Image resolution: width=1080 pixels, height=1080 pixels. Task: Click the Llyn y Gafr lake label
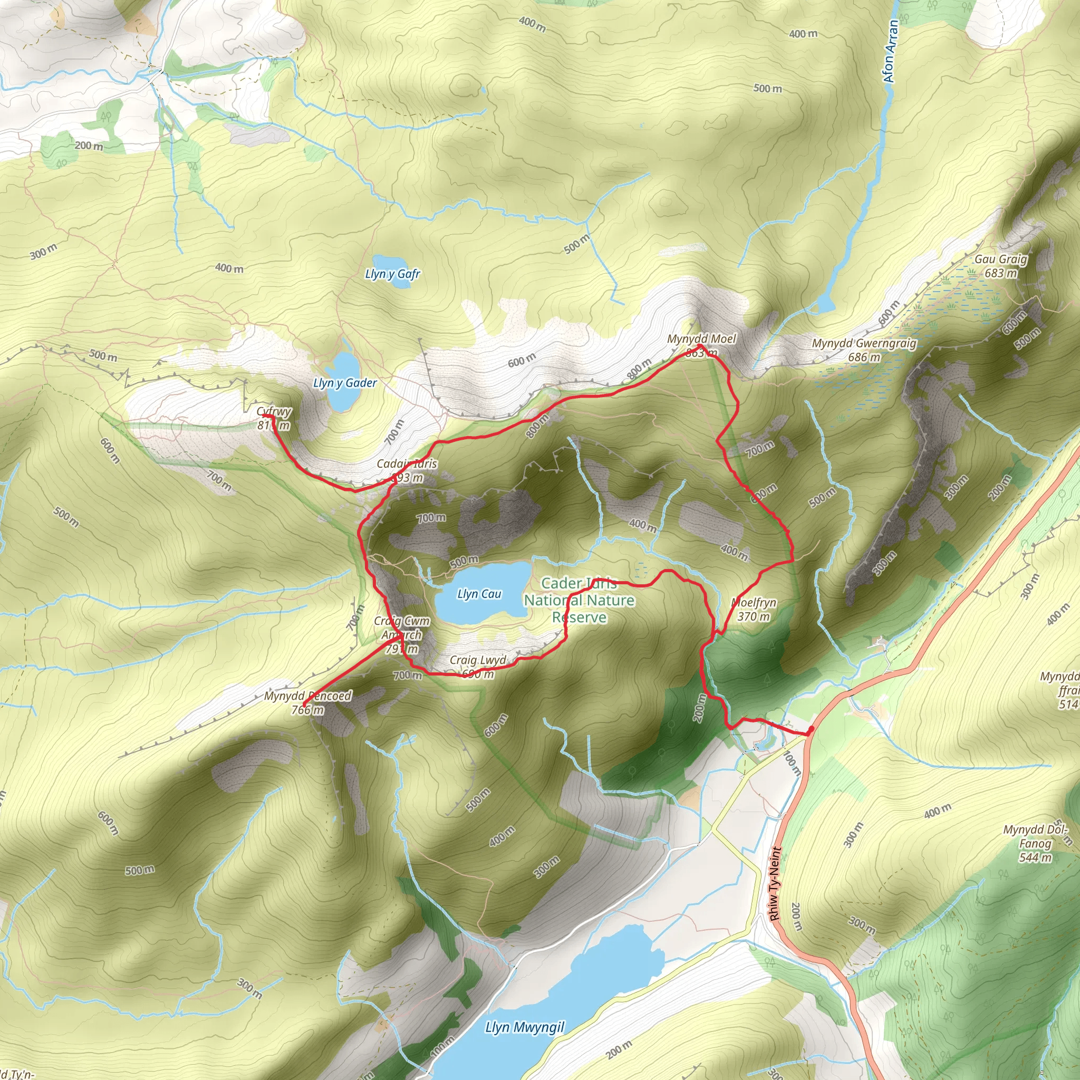pos(392,274)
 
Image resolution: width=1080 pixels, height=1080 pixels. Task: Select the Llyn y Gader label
pos(345,383)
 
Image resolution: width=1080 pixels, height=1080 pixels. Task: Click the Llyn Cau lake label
pos(479,594)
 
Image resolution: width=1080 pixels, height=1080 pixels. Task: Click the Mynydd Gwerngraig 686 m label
pos(864,350)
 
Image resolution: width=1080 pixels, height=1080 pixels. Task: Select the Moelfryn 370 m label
pos(754,609)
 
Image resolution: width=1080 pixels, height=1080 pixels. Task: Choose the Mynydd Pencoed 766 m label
pos(307,702)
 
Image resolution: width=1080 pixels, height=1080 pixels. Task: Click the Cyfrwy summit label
pos(274,418)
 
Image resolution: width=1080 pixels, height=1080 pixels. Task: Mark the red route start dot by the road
pos(811,729)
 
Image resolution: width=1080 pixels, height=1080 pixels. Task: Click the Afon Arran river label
pos(891,52)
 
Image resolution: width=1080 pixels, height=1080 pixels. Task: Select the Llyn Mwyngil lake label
pos(524,1027)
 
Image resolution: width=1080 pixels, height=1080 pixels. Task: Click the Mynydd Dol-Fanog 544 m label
pos(1035,844)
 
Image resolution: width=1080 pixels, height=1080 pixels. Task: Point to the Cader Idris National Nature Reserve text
pos(579,600)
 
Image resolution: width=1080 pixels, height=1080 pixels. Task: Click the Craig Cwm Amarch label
pos(402,635)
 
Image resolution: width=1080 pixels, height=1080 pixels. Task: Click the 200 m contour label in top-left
pos(89,146)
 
